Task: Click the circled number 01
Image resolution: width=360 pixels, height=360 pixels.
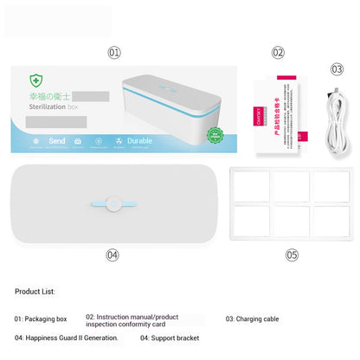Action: point(114,52)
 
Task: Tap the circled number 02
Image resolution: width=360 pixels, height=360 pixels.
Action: point(278,52)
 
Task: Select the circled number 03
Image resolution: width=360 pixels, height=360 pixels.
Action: point(337,68)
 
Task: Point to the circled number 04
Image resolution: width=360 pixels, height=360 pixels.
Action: point(112,254)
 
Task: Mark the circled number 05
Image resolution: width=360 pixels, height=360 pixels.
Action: point(292,254)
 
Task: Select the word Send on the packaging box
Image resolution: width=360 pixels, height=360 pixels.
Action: point(57,139)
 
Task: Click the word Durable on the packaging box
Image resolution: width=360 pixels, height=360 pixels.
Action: point(139,139)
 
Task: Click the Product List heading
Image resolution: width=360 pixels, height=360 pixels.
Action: point(35,292)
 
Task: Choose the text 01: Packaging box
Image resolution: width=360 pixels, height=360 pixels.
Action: point(41,318)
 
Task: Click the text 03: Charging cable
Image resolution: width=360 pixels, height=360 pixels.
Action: point(252,319)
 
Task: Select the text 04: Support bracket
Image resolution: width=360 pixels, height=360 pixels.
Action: point(169,338)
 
